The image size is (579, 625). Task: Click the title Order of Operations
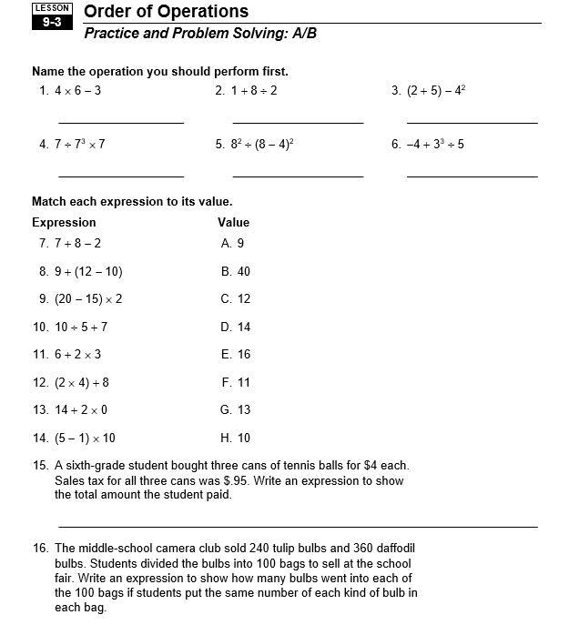(166, 12)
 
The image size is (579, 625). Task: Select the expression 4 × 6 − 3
(77, 91)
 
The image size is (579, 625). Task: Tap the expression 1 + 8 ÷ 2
(254, 91)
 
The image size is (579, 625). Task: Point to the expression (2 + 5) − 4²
(436, 91)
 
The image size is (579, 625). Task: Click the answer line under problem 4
(121, 176)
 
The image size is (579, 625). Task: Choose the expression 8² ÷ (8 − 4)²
(261, 144)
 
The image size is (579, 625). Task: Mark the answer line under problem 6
(472, 176)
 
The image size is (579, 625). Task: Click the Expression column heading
(64, 222)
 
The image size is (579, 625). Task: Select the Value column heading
(233, 222)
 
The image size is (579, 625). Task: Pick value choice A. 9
(232, 244)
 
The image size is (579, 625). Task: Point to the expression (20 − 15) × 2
(88, 299)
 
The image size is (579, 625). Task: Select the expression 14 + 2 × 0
(81, 410)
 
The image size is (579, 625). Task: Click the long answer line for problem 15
(298, 527)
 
